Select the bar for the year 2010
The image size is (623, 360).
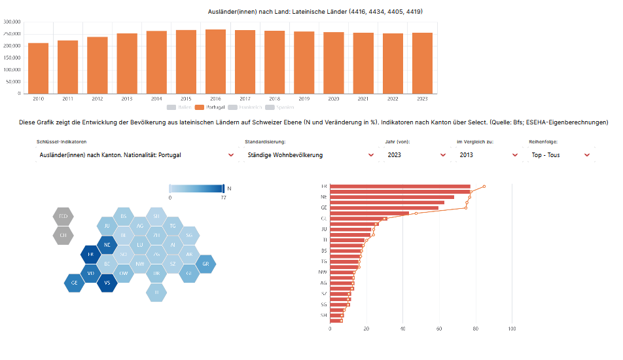pos(39,68)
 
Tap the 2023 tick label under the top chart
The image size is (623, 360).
pos(422,99)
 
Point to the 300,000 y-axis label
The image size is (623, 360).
pos(12,22)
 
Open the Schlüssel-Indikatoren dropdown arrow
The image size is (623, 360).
pos(231,155)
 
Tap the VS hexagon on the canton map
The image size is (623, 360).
pos(107,283)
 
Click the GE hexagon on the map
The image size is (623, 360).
pos(74,283)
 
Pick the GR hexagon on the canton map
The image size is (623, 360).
pos(205,264)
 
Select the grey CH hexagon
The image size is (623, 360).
pos(63,235)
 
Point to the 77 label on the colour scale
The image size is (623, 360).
pos(223,197)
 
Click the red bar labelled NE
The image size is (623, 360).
pos(391,196)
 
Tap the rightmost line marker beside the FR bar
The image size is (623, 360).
pos(484,187)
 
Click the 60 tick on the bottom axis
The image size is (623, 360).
pos(439,329)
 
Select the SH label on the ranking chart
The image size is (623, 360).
pos(323,315)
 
